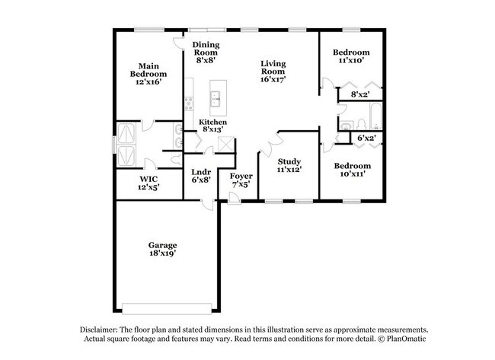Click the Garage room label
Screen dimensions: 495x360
tap(162, 245)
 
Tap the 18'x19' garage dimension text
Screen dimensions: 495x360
tap(162, 253)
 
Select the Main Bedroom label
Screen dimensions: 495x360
tap(148, 70)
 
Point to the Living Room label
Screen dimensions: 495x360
tap(273, 68)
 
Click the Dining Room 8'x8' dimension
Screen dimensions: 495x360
tap(206, 60)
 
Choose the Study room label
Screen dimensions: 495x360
tap(289, 162)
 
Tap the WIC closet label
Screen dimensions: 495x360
tap(148, 179)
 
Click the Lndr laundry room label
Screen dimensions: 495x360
tap(201, 172)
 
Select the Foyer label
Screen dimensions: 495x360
tap(241, 177)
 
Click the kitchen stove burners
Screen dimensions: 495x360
tap(189, 104)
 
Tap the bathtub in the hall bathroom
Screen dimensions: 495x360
tap(375, 116)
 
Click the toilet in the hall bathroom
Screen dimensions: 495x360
tap(361, 124)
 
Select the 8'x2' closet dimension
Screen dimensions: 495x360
tap(360, 94)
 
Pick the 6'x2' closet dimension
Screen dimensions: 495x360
tap(366, 138)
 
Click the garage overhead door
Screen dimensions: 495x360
tap(167, 308)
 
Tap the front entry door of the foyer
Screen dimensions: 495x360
tap(235, 199)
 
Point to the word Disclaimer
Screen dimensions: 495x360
tap(99, 330)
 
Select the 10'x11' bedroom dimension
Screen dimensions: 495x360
tap(353, 174)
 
